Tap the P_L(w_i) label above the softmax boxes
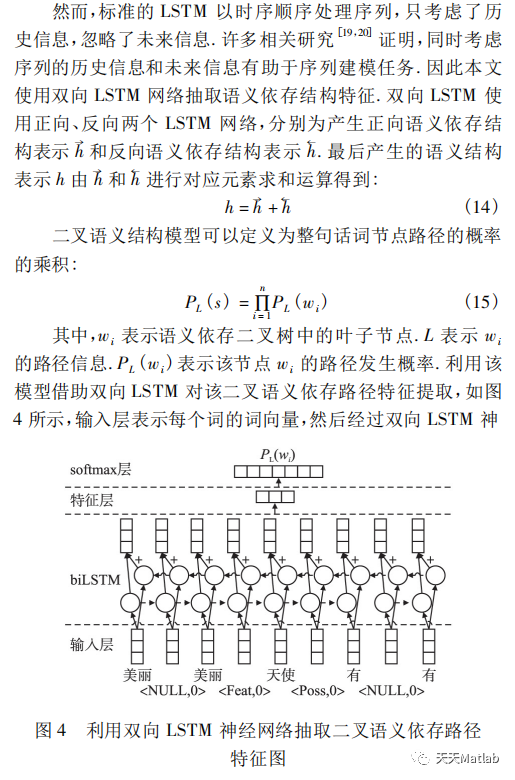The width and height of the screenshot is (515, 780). (275, 456)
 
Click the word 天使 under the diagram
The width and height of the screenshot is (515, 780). (281, 675)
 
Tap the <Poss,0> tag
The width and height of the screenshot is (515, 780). (320, 691)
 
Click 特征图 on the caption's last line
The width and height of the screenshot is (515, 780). (258, 758)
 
